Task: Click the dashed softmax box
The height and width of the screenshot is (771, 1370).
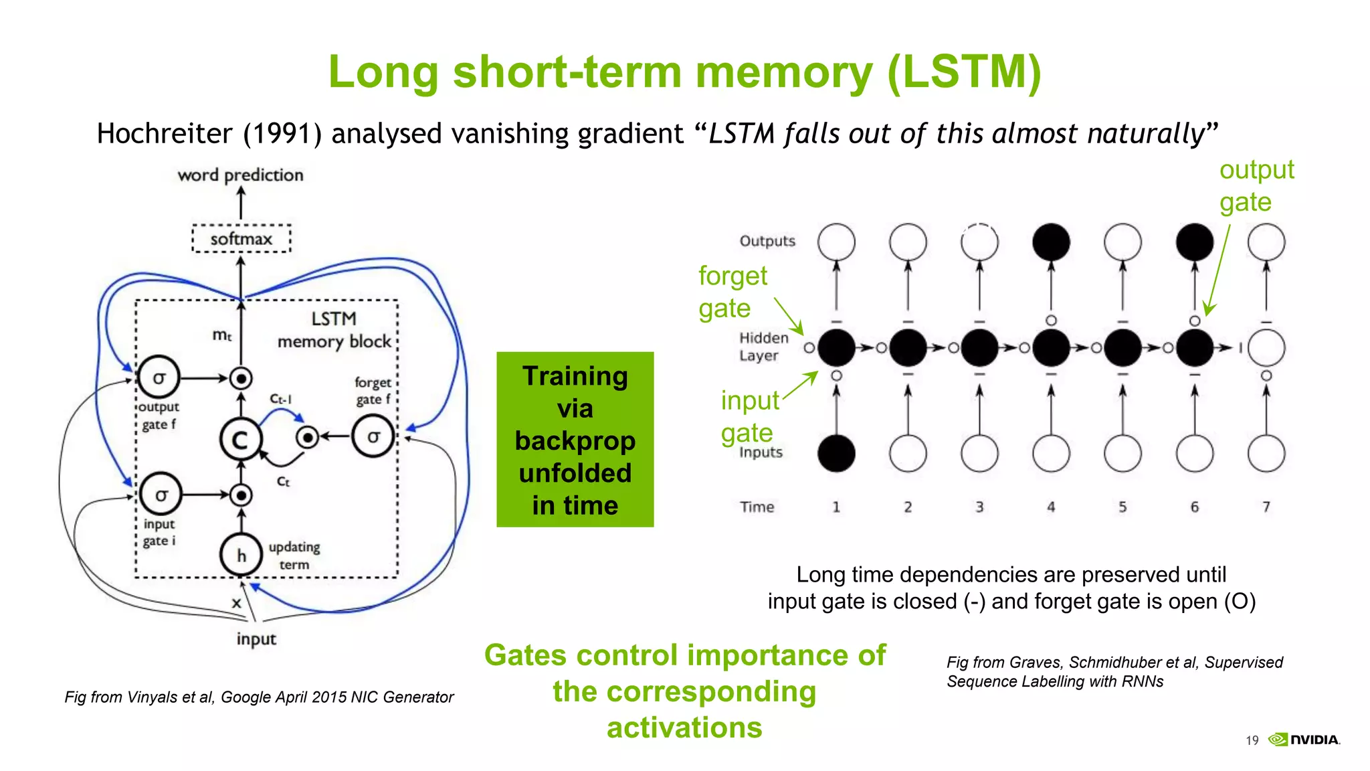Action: [241, 239]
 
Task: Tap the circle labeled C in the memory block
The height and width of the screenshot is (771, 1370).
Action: [240, 440]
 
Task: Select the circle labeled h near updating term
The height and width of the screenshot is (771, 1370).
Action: [241, 555]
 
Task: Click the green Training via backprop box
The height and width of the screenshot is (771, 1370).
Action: [575, 440]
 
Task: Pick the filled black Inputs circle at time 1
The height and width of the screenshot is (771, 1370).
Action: [836, 454]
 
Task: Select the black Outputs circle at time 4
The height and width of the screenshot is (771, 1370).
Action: [1051, 242]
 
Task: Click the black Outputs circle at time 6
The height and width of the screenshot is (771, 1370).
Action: [1195, 242]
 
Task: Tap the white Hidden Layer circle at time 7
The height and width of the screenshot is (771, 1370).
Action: [1266, 348]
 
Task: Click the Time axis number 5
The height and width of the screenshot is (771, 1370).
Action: [1122, 507]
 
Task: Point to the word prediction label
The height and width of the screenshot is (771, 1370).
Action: [240, 175]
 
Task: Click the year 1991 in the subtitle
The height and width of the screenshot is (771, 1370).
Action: [282, 134]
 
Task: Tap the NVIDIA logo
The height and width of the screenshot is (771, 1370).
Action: [1305, 740]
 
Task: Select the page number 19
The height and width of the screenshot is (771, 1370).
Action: [1252, 740]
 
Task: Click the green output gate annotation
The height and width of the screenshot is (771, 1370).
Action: [1256, 186]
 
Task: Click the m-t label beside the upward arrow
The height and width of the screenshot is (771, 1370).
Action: [222, 335]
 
